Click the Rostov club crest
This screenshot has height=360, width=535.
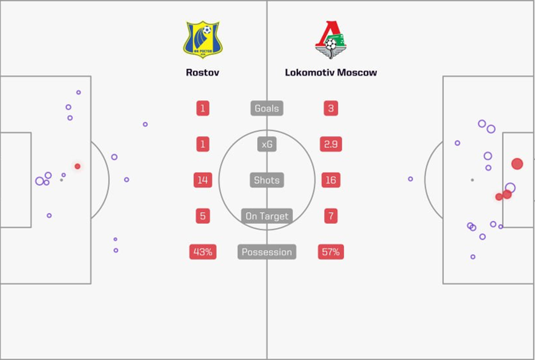[203, 40]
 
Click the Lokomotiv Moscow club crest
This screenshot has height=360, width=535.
[331, 40]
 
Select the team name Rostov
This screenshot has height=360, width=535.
[203, 73]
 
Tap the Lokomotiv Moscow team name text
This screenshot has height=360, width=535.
[331, 73]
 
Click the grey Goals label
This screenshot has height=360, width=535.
[266, 108]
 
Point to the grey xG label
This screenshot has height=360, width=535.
[266, 144]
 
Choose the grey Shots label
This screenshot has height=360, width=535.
[266, 180]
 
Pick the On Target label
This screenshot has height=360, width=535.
[266, 216]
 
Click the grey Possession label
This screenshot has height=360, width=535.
[266, 252]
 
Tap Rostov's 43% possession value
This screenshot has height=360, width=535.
[203, 252]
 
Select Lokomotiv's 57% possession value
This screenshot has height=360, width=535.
[331, 252]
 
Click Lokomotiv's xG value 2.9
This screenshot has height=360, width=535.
[331, 144]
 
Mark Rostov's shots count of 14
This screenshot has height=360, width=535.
[203, 180]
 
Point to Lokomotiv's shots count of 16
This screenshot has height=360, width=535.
[331, 180]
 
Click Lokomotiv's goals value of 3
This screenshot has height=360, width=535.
[331, 108]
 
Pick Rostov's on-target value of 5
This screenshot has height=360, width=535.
[203, 216]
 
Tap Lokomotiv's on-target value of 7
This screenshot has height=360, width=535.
[331, 216]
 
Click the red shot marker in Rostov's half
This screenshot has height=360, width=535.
[77, 166]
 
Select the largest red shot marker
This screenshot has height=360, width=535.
[517, 164]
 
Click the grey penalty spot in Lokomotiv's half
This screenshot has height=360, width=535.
[472, 180]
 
